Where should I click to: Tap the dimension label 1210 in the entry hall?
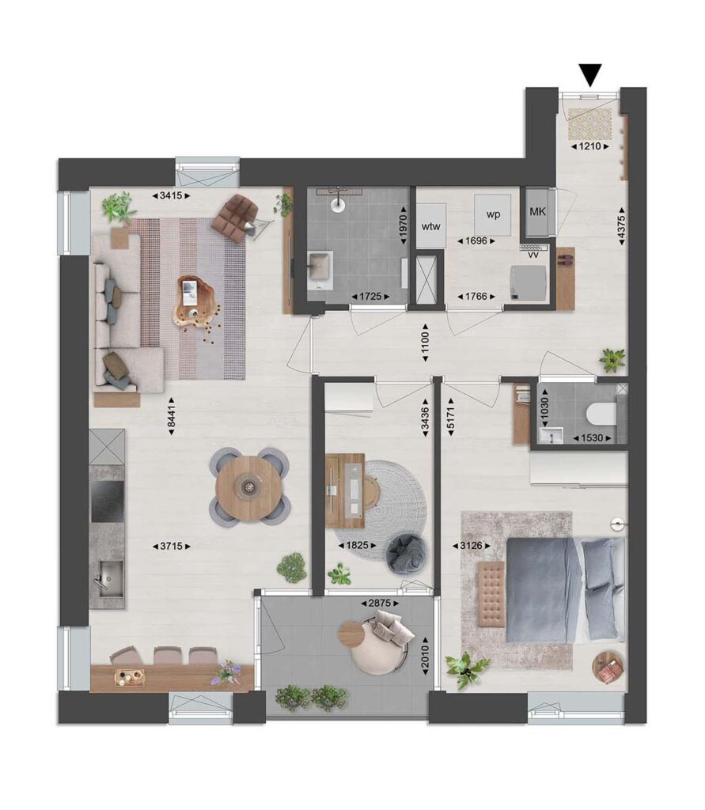[x=589, y=146]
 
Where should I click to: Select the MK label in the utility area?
[x=537, y=212]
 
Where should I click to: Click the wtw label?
[x=430, y=226]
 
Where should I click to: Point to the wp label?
[x=493, y=214]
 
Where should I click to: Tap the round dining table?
[x=250, y=486]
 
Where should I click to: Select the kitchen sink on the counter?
[x=111, y=579]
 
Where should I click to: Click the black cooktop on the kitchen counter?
[x=108, y=502]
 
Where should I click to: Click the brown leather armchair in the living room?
[x=235, y=217]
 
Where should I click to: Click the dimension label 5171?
[x=451, y=417]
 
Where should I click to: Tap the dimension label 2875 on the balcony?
[x=380, y=603]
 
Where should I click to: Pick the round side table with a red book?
[x=608, y=668]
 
